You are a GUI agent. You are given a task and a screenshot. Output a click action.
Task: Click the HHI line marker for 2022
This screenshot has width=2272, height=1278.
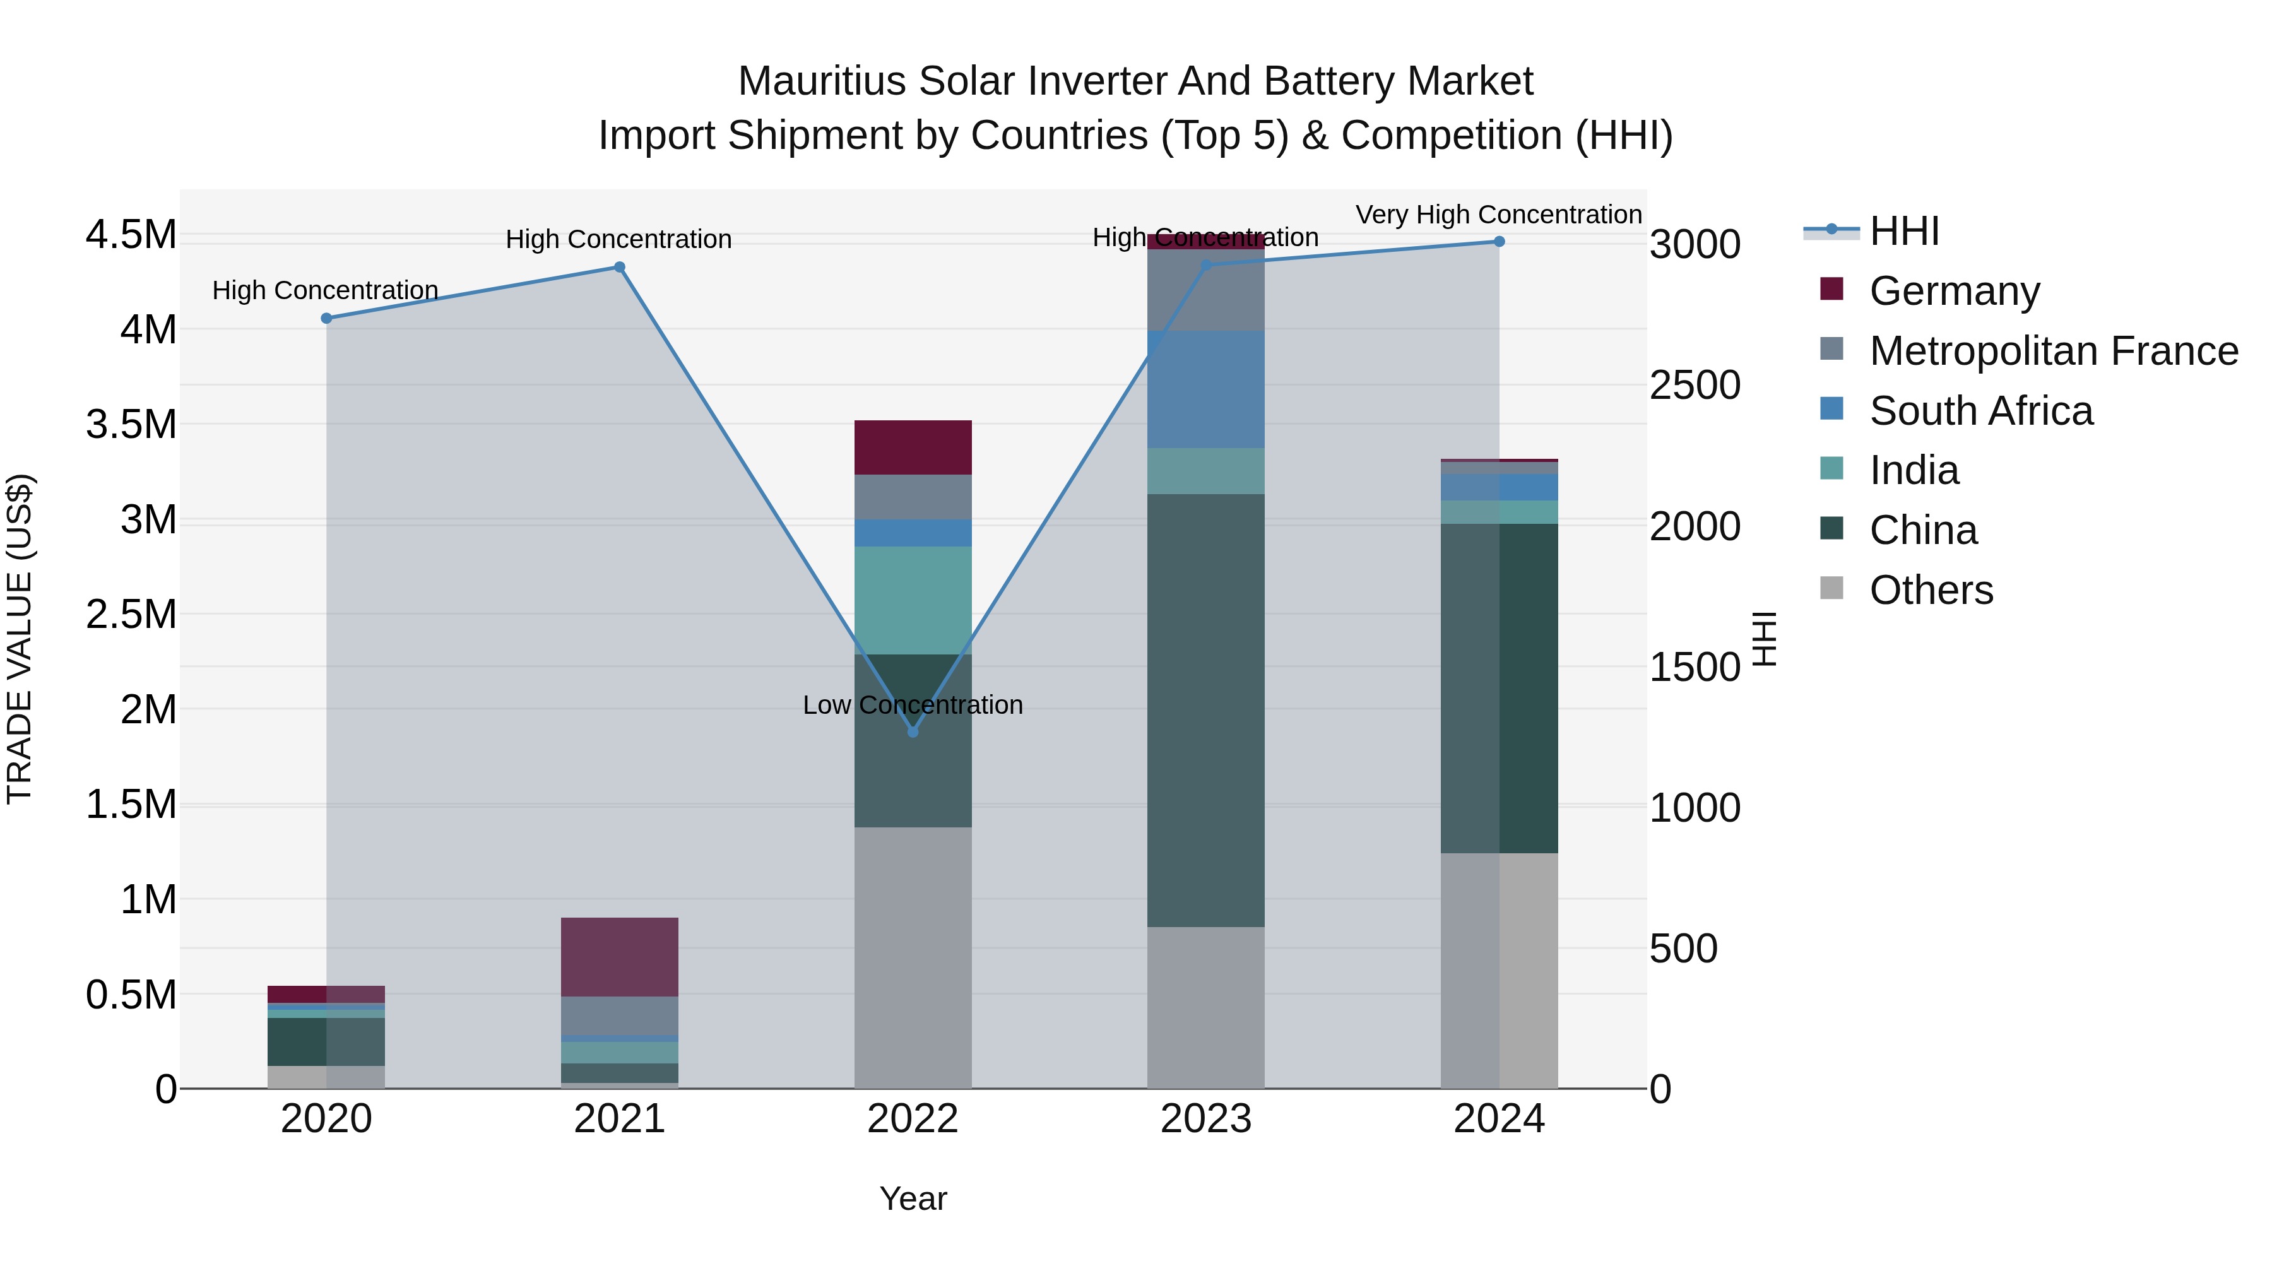(913, 732)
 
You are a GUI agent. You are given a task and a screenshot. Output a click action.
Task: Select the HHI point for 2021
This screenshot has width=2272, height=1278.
(619, 267)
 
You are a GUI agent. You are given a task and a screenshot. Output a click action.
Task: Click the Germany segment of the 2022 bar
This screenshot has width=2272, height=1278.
(913, 448)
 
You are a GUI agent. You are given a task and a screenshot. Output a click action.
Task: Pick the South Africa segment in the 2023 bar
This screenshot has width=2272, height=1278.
(1205, 390)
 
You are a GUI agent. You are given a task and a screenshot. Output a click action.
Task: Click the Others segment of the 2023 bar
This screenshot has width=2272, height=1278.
(1205, 1007)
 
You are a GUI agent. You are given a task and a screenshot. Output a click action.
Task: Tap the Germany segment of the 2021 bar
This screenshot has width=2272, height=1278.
(619, 957)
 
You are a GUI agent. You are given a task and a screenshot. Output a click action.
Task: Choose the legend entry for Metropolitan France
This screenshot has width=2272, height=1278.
(2053, 351)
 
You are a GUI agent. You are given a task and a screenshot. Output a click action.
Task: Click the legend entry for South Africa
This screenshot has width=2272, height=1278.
(1981, 411)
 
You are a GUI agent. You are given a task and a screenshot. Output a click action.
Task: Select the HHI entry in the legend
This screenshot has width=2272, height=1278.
(1903, 231)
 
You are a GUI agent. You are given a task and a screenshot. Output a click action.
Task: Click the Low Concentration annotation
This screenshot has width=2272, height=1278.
(913, 705)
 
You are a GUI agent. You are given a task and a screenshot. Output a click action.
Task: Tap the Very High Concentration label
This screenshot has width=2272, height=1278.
(1498, 215)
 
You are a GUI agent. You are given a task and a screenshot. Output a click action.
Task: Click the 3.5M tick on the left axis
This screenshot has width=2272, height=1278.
(131, 424)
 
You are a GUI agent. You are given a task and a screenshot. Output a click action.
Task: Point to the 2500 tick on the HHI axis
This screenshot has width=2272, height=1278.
(1695, 386)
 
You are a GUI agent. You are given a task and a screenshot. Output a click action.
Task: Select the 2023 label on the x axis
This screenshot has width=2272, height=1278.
(1205, 1119)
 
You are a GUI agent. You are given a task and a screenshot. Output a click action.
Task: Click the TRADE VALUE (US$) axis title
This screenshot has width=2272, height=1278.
(20, 639)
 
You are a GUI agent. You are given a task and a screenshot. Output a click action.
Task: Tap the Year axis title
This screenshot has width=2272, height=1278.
(913, 1198)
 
